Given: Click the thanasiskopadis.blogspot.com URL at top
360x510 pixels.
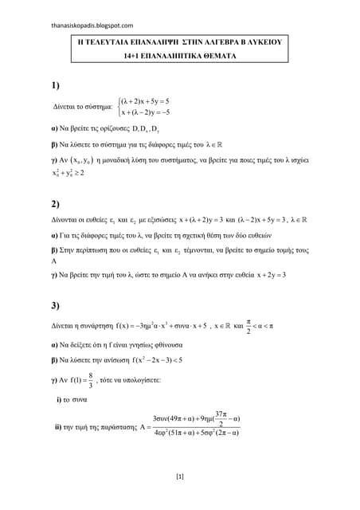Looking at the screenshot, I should click(88, 25).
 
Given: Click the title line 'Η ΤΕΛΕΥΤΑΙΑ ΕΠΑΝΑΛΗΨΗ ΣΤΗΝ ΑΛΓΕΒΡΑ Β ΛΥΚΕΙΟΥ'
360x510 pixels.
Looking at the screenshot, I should click(180, 48).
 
